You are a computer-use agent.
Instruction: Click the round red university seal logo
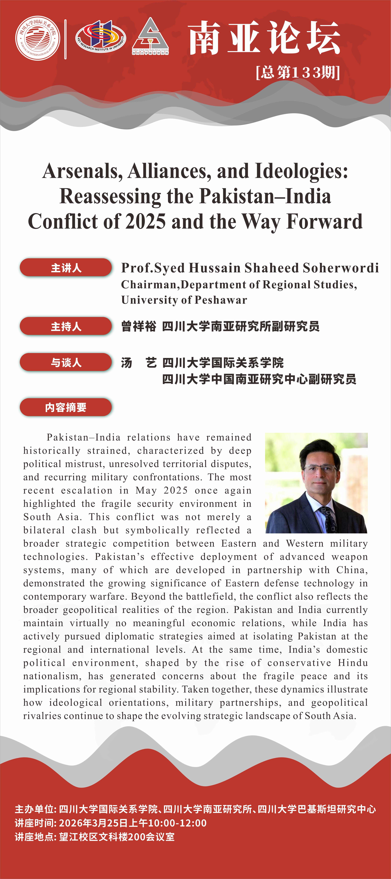pyautogui.click(x=38, y=38)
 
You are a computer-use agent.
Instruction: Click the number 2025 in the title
pyautogui.click(x=146, y=221)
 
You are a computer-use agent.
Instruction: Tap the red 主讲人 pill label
pyautogui.click(x=66, y=268)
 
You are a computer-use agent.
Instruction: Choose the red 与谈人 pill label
pyautogui.click(x=66, y=362)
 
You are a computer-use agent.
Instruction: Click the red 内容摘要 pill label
pyautogui.click(x=66, y=407)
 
